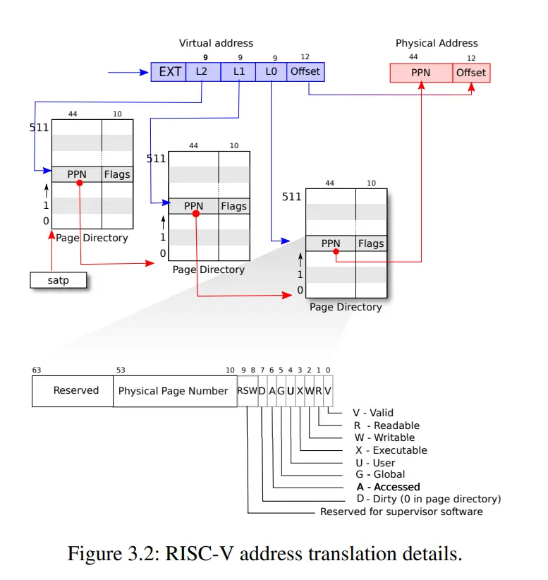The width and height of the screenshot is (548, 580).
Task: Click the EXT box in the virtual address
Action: [x=169, y=72]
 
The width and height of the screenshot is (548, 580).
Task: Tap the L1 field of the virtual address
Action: [x=238, y=72]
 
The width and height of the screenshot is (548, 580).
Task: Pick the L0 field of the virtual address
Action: [x=271, y=72]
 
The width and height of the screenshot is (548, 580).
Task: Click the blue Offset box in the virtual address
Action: [x=306, y=72]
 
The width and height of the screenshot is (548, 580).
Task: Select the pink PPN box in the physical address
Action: [x=421, y=73]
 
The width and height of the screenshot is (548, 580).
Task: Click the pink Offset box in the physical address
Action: [x=471, y=73]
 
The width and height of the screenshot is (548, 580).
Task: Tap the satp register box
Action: [x=59, y=280]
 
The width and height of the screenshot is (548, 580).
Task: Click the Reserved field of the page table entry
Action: [x=73, y=392]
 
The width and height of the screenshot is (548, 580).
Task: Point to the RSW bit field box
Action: [x=248, y=392]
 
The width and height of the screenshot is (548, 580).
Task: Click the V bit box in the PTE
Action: [x=329, y=392]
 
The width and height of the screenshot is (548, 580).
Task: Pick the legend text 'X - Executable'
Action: [x=391, y=450]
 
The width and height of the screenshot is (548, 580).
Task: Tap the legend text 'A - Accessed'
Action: [x=389, y=487]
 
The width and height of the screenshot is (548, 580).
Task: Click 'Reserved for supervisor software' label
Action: [x=401, y=512]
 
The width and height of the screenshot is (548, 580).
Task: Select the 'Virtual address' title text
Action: [x=217, y=43]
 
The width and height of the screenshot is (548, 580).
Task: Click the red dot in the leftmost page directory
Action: [x=80, y=183]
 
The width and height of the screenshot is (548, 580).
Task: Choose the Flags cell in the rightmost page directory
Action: [x=371, y=243]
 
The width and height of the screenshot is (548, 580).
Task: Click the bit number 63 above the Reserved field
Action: [x=37, y=370]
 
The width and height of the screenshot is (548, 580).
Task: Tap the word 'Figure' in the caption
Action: [x=95, y=554]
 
